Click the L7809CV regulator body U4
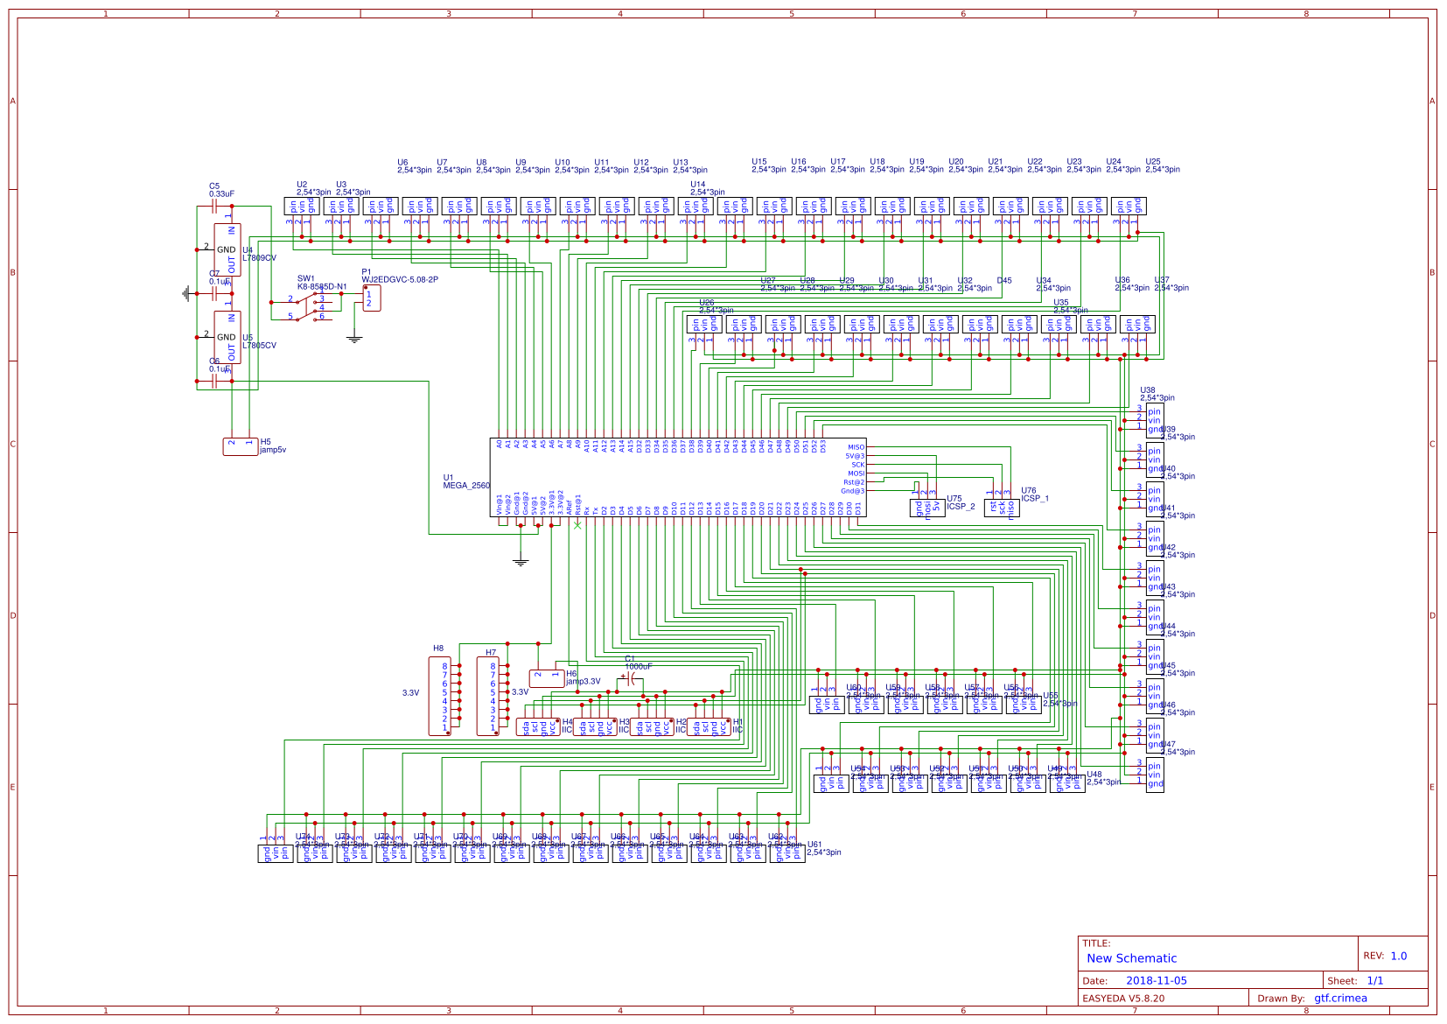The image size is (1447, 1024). (227, 249)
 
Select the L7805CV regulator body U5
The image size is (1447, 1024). (227, 337)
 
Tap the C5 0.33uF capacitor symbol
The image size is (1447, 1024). (214, 207)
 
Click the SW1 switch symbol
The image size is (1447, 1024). (308, 306)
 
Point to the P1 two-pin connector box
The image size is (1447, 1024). (371, 298)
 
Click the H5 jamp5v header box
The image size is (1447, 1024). (240, 446)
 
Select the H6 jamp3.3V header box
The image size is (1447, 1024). (547, 678)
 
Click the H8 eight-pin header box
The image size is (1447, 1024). (440, 697)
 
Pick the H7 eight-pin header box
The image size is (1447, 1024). (488, 697)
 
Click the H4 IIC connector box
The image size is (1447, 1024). (538, 727)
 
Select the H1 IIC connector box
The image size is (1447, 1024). (709, 727)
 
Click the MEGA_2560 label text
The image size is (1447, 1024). (466, 486)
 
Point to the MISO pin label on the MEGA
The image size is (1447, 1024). (856, 447)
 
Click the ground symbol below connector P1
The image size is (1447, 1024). (354, 339)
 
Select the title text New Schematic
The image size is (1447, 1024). (1131, 958)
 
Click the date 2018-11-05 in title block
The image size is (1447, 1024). (1156, 981)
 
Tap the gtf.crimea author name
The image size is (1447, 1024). (1340, 998)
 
